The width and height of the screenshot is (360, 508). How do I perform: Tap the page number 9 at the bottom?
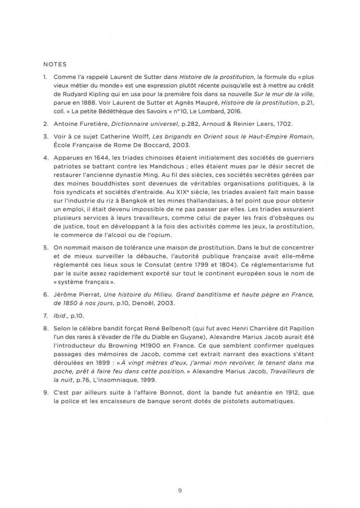[180, 478]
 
